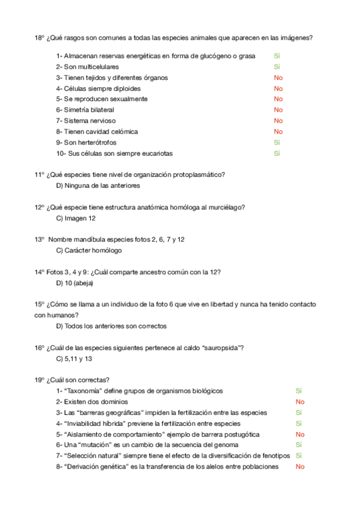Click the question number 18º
point(40,37)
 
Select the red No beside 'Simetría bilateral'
point(278,110)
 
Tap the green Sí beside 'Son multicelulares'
point(277,67)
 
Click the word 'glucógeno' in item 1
point(207,56)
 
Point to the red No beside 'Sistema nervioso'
point(278,121)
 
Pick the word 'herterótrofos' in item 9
point(96,143)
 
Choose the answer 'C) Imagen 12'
point(76,218)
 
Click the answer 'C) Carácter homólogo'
point(89,250)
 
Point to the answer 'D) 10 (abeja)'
point(75,283)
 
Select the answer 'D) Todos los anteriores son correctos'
point(111,326)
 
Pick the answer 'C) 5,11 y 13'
point(75,358)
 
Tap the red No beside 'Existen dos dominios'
point(300,402)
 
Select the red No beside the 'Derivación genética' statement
point(300,467)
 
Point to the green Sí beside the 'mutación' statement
point(299,445)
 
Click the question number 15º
point(40,304)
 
